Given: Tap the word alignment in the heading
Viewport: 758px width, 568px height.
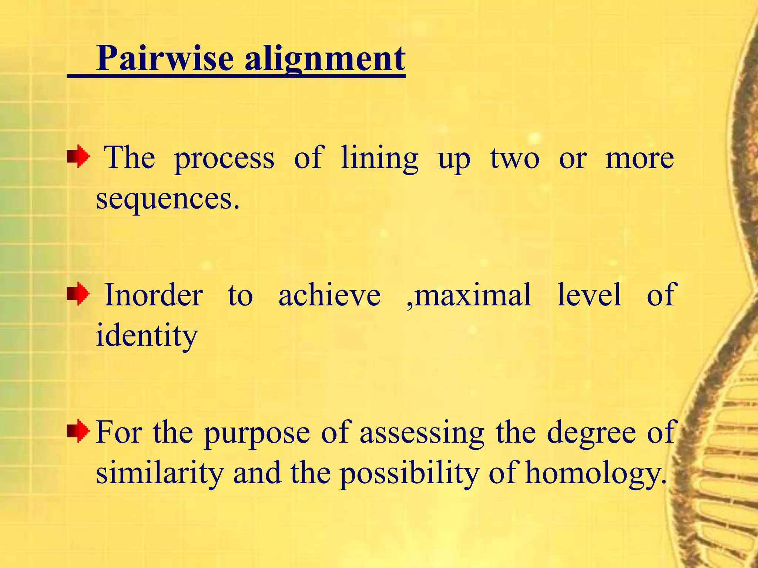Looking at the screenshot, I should (325, 59).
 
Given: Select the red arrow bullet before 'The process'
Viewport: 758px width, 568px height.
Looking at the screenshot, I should (78, 157).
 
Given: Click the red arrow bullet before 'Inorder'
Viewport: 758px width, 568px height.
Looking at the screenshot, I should (78, 295).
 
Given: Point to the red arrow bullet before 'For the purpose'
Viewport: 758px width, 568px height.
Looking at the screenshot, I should (78, 431).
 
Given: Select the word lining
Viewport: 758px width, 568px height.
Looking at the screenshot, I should (379, 158).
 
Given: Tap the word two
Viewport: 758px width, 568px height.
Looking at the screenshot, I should (515, 158).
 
